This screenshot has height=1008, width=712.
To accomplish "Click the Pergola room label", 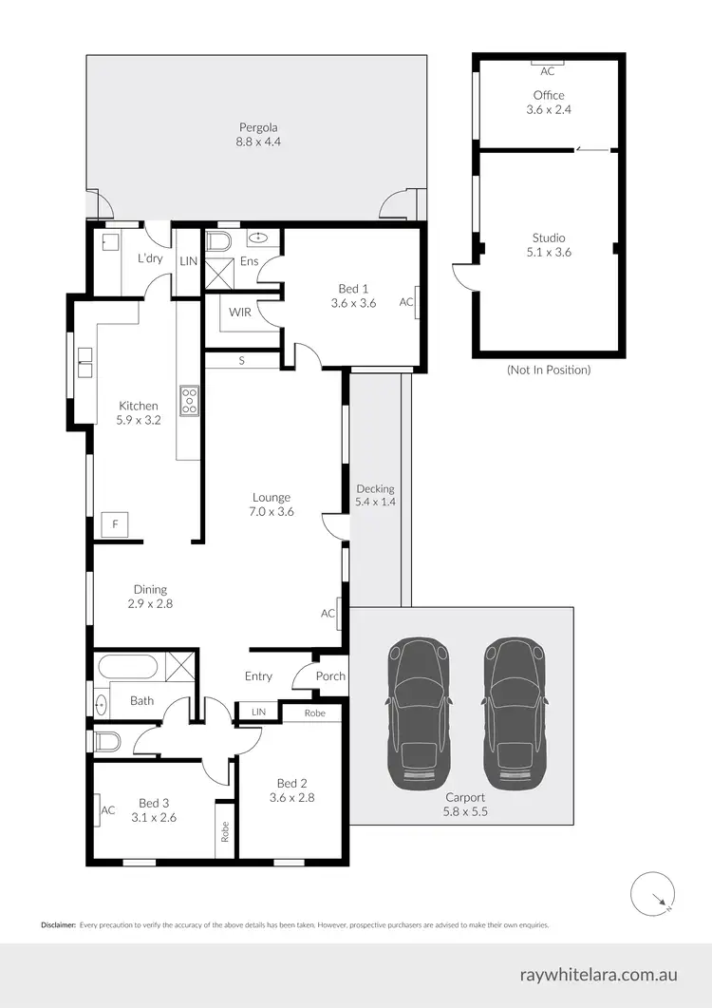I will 258,134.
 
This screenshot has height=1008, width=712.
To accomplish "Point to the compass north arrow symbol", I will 653,893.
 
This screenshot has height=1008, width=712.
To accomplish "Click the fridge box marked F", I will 115,523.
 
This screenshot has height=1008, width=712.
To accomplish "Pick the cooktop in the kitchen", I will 189,401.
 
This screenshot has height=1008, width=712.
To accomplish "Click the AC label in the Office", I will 548,71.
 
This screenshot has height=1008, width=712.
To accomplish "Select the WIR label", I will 238,312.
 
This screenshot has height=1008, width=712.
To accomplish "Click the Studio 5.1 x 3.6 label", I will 548,245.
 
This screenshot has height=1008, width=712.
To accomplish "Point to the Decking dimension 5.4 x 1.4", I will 375,502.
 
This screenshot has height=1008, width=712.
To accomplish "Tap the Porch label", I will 330,676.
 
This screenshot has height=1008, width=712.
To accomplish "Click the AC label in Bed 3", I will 107,810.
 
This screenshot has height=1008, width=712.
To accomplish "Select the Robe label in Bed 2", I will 315,713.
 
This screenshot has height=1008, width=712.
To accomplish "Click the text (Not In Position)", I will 548,370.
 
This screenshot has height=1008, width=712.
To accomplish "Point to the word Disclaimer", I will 57,924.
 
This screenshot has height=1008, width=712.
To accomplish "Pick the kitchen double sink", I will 85,362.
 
